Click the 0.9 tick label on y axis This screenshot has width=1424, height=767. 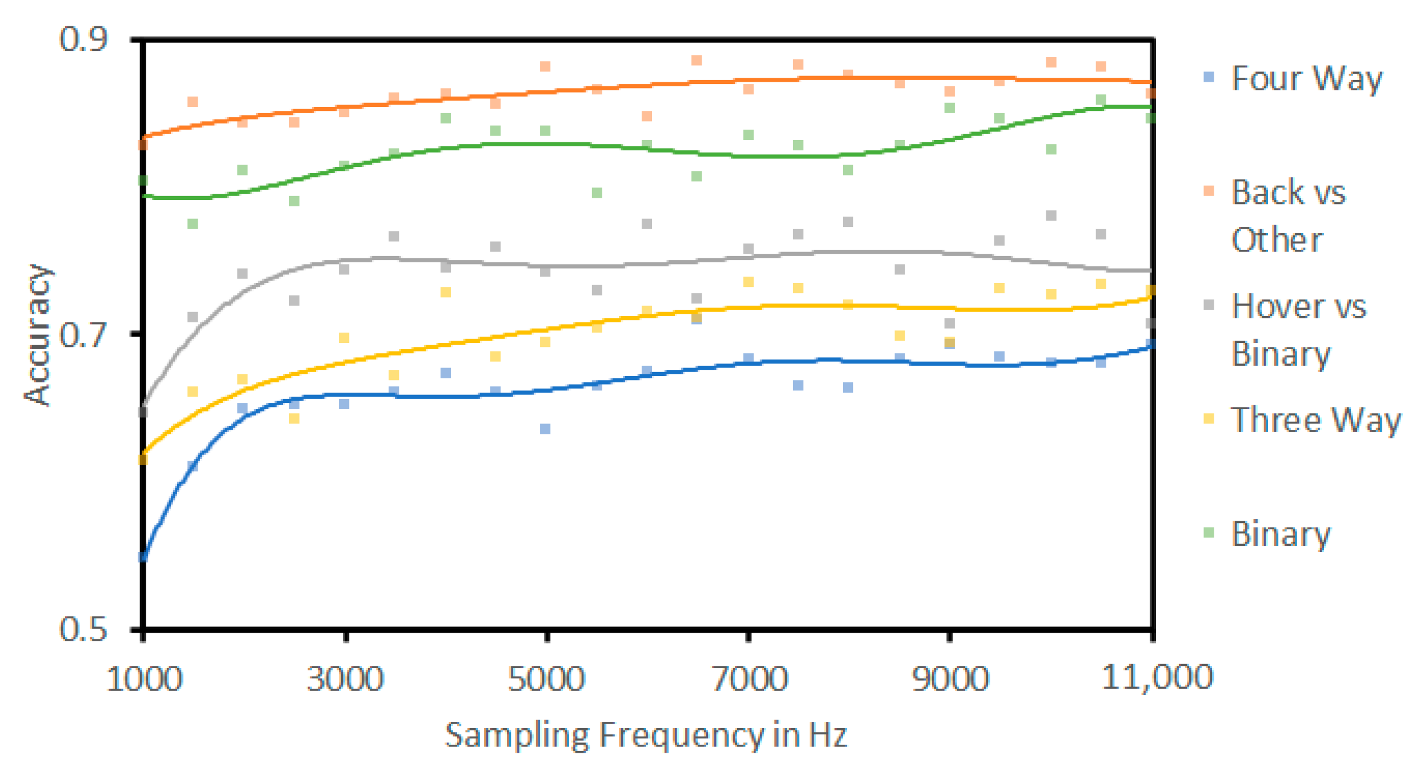[x=83, y=39]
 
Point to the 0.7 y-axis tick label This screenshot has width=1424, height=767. [x=83, y=334]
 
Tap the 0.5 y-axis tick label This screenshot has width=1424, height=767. [x=83, y=629]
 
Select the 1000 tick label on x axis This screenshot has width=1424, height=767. [x=144, y=679]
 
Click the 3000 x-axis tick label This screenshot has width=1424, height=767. [x=345, y=679]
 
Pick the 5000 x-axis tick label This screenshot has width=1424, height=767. [x=546, y=679]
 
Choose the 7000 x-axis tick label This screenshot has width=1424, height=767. [x=749, y=679]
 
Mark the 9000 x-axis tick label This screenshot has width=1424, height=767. [x=950, y=679]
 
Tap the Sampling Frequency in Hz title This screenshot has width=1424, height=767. [x=646, y=735]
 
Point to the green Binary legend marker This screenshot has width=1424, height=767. [x=1209, y=533]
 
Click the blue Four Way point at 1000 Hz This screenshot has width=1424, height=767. [x=143, y=557]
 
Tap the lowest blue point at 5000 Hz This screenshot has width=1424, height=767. [x=545, y=429]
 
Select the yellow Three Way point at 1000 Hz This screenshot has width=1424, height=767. [x=143, y=459]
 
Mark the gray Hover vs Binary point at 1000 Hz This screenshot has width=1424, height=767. [x=143, y=412]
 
